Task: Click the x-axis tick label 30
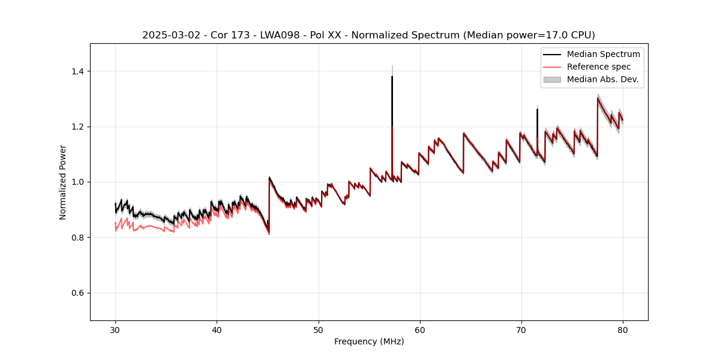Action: coord(115,330)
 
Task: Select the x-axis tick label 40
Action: coord(217,330)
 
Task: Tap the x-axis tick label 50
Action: coord(318,330)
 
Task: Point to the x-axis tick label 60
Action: coord(419,330)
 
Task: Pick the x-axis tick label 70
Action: coord(521,330)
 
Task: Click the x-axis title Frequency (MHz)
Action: coord(369,342)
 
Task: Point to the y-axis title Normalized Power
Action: coord(63,182)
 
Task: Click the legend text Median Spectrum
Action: coord(603,55)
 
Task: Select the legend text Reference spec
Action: coord(599,67)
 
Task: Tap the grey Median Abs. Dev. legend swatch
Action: coord(552,79)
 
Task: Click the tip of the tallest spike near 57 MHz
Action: coord(392,76)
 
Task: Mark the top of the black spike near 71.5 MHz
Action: coord(537,109)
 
